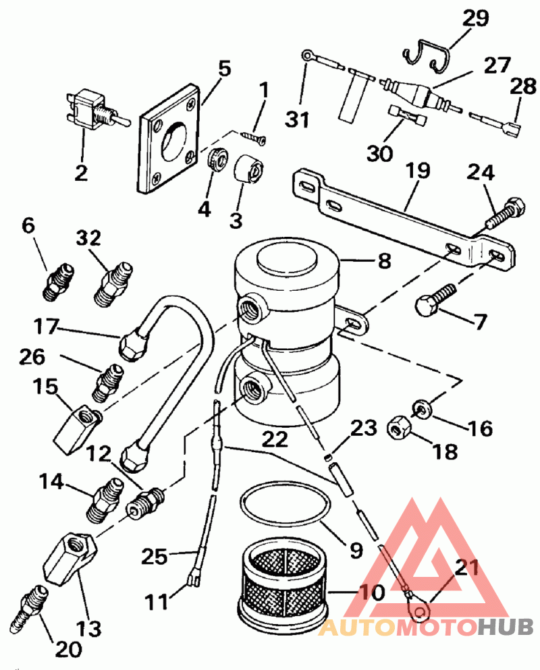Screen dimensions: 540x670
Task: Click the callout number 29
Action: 475,18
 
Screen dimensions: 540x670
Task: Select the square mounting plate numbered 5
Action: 169,139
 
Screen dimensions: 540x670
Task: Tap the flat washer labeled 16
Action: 423,408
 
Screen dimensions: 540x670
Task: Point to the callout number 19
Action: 417,170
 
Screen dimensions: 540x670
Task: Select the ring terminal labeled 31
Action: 306,55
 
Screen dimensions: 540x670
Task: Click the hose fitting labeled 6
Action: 59,283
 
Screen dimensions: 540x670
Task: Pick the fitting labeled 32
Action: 113,284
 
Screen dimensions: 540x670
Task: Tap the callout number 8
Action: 384,260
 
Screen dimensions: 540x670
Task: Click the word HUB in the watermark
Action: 506,627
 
